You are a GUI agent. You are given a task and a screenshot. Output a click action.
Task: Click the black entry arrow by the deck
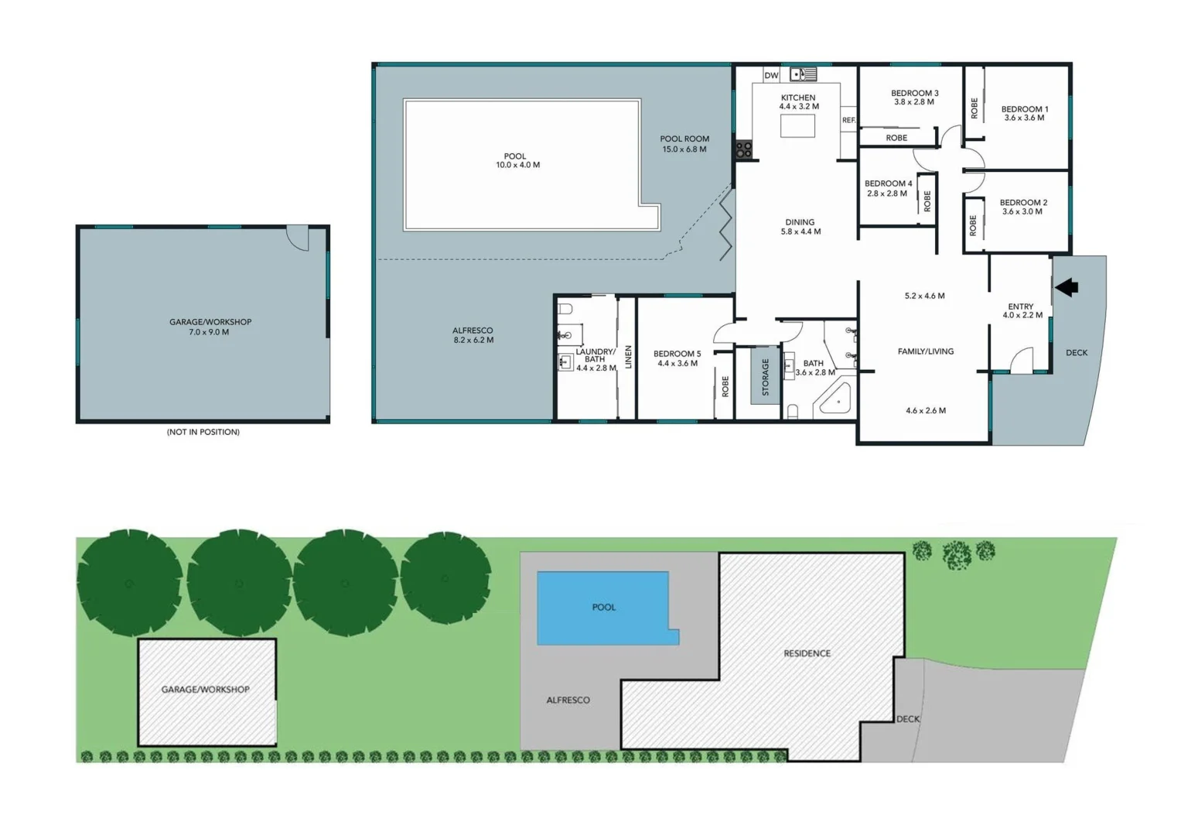tap(1067, 287)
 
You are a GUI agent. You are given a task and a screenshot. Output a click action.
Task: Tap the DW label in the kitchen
tap(771, 75)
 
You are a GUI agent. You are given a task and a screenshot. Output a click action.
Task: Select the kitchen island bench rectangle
tap(797, 125)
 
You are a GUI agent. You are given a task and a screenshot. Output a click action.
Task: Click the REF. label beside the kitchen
tap(848, 120)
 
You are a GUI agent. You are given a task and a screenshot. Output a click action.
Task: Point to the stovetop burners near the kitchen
tap(743, 149)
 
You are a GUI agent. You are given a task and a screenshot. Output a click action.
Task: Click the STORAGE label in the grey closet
tap(766, 377)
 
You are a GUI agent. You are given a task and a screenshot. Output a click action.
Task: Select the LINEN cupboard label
tap(628, 357)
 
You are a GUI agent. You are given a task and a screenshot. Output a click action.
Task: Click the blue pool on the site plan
tap(604, 608)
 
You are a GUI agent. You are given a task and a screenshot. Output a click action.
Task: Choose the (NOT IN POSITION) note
tap(203, 432)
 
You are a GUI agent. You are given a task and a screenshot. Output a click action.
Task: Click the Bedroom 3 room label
tap(914, 93)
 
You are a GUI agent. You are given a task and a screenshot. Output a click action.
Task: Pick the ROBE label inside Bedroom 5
tap(725, 386)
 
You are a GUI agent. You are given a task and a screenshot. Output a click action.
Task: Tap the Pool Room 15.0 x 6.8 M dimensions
tap(684, 149)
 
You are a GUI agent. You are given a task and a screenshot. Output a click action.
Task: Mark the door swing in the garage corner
tap(299, 237)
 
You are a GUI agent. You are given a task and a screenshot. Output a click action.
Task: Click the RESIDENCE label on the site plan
tap(807, 653)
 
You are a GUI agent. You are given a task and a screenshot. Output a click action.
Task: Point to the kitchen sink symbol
tap(804, 74)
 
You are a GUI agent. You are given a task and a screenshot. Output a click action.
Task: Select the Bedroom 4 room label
tap(888, 183)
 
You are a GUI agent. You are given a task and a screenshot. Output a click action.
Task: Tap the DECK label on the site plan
tap(908, 719)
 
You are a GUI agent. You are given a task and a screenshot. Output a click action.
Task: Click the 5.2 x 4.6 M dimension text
tap(924, 296)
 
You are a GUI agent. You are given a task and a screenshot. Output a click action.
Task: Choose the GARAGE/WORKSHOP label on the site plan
tap(205, 689)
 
